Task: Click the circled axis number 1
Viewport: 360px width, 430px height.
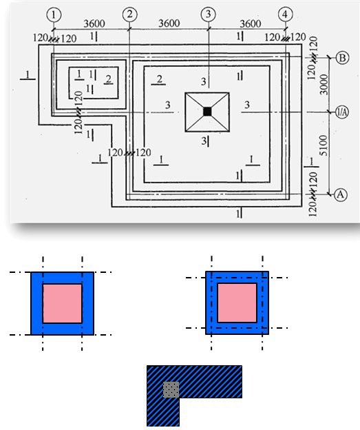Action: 54,14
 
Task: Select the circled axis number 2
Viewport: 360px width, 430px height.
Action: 130,14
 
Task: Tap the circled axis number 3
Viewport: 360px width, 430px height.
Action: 208,14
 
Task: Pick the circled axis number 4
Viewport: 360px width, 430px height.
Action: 285,14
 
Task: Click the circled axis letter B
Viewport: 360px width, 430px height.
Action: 342,58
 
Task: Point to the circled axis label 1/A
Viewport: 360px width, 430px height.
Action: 342,112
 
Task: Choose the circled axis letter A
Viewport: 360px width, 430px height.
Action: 341,194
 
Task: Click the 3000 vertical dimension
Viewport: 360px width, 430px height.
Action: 324,85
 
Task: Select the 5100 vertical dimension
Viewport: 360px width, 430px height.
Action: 324,145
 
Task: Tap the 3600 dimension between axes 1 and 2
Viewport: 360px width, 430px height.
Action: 94,23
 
